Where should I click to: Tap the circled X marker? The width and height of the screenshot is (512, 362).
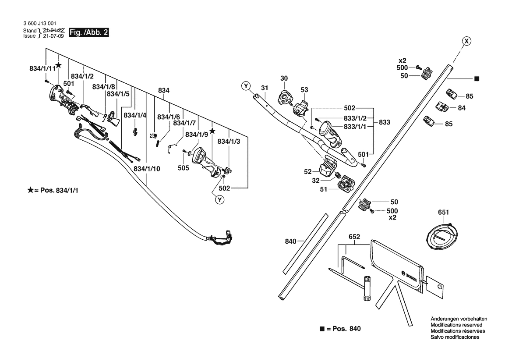467,41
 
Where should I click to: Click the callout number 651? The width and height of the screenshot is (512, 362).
443,213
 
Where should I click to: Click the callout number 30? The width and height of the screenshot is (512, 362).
284,78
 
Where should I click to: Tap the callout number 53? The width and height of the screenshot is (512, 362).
304,90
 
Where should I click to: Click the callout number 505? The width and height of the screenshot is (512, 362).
184,167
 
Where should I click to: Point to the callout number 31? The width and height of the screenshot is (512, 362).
264,88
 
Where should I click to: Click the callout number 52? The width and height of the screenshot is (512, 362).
308,171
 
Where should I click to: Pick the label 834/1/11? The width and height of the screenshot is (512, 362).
42,69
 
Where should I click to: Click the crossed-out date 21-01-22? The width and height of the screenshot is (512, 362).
54,31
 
